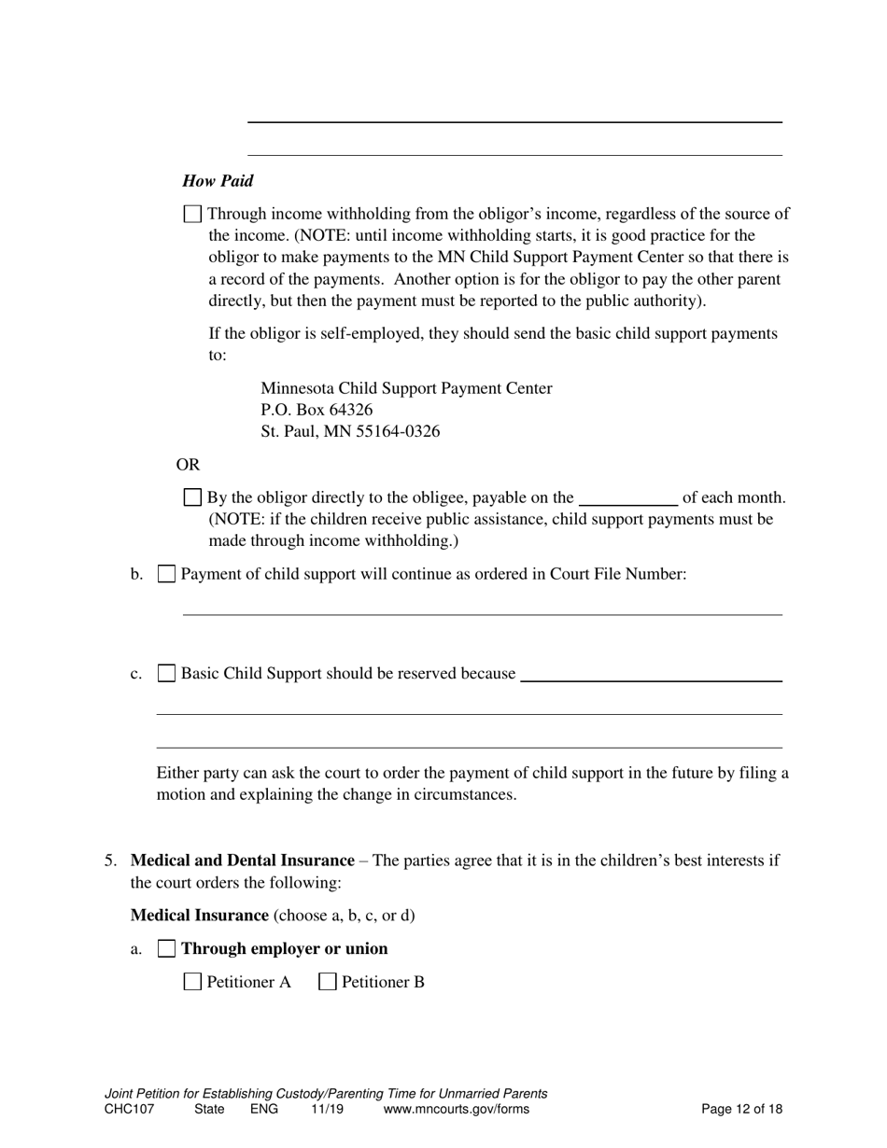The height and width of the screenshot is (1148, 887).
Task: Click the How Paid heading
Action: click(218, 181)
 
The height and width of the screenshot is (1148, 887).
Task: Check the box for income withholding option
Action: click(192, 214)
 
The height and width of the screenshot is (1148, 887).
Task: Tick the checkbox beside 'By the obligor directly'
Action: click(192, 497)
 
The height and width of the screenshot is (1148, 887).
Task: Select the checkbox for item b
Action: click(166, 574)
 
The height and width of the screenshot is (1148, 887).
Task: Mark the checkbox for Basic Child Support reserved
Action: click(166, 673)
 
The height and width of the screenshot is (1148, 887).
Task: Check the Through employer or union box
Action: click(166, 948)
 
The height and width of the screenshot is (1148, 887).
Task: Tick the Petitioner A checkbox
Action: click(192, 982)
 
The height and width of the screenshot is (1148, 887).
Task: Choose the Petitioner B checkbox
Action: click(328, 982)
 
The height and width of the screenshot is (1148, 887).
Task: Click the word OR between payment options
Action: click(188, 465)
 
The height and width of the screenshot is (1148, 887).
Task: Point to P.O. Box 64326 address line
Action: click(317, 410)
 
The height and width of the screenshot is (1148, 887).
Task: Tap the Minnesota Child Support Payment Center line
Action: click(406, 388)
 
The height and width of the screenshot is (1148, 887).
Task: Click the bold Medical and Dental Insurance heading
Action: click(243, 861)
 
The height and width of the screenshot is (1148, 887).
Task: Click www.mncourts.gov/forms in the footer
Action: click(456, 1110)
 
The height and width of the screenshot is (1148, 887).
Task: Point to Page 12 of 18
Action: click(741, 1110)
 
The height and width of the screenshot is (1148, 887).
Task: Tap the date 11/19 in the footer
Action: click(327, 1110)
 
